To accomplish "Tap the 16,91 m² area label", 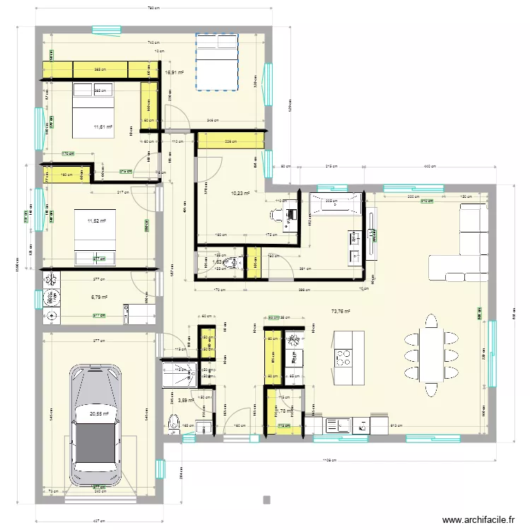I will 174,72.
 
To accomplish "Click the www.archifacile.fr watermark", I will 478,520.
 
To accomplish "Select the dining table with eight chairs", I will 430,354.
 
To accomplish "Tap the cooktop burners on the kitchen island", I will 343,358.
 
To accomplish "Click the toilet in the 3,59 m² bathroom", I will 174,424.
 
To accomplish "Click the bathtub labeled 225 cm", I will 332,207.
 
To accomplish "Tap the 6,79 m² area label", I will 98,298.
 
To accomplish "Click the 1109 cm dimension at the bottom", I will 330,460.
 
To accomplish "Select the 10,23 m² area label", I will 240,192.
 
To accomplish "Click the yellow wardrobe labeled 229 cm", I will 230,142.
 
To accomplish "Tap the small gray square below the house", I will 266,500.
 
